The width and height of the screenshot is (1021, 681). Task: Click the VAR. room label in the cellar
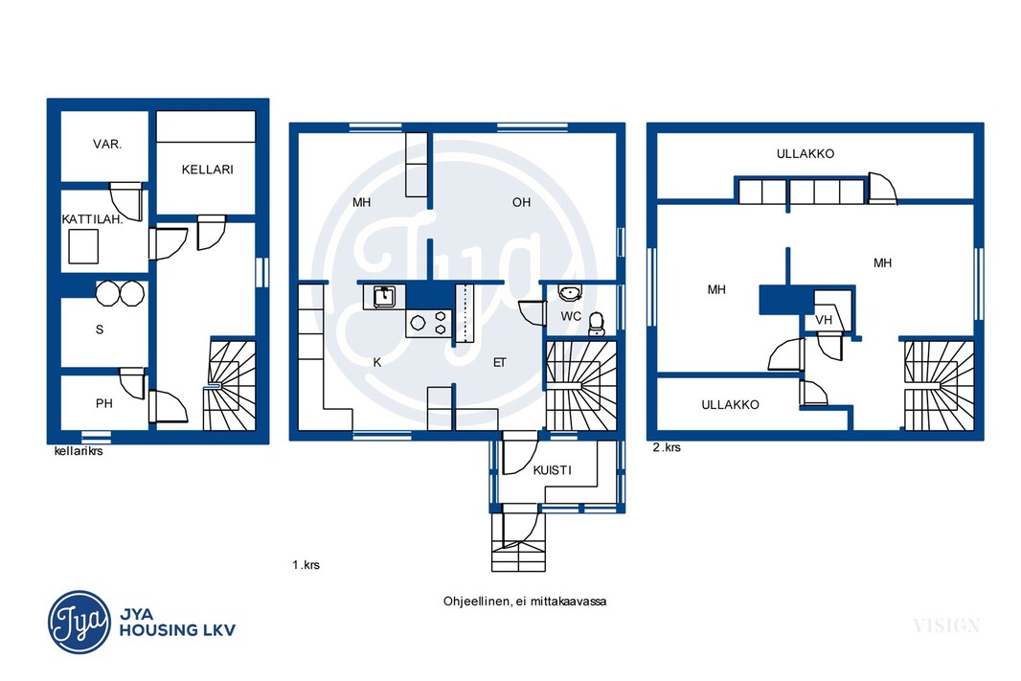point(106,144)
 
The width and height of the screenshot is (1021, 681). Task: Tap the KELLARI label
point(207,170)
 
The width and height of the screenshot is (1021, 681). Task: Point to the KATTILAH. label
point(93,218)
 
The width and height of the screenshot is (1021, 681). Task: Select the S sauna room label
point(100,329)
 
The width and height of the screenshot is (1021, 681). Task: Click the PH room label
point(104,403)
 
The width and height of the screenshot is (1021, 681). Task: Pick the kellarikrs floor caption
point(79,450)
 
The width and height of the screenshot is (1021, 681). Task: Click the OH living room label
point(522,202)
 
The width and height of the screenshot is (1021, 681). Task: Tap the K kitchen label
point(377,363)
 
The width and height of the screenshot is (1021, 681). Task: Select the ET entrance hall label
point(499,363)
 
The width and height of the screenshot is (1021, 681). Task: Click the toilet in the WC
point(596,324)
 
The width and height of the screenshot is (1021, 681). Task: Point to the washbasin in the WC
point(570,294)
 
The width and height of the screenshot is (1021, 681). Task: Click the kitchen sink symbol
point(384,298)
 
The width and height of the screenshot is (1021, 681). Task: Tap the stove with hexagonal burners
point(428,323)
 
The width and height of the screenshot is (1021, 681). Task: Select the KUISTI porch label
point(553,470)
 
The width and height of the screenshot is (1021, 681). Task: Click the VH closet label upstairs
point(824,320)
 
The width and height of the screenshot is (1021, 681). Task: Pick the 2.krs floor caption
point(667,447)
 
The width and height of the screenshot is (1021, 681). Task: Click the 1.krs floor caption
point(306,564)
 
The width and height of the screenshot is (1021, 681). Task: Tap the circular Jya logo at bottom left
point(79,622)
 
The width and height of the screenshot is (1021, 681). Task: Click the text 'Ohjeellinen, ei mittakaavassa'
point(525,602)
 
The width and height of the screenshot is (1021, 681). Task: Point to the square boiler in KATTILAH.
point(83,247)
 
